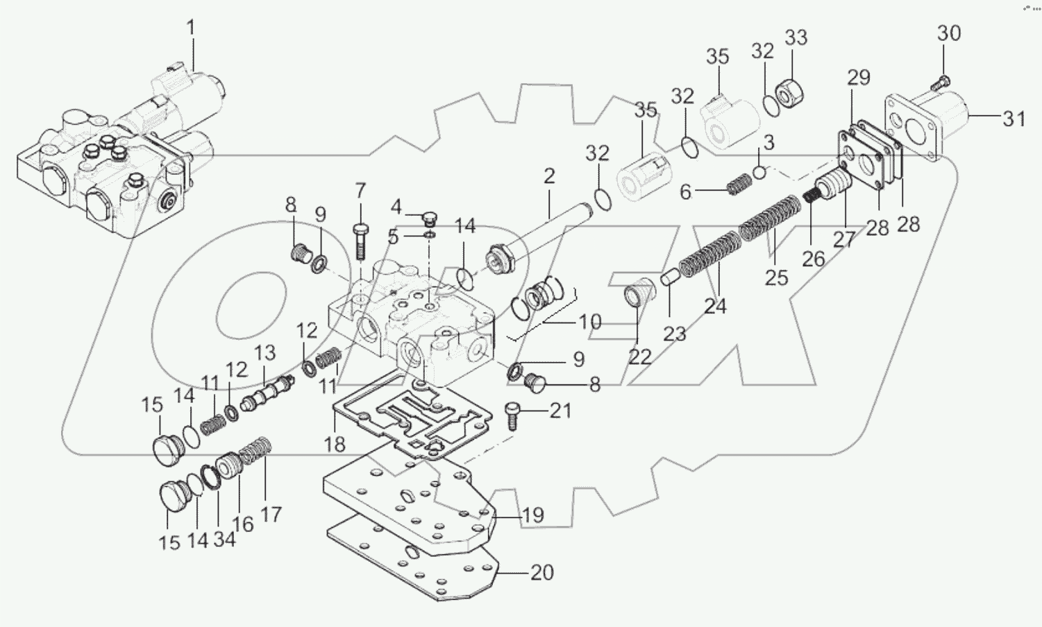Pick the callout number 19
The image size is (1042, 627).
pyautogui.click(x=532, y=515)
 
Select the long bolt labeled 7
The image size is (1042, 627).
pyautogui.click(x=360, y=239)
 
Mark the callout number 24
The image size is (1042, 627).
pyautogui.click(x=715, y=306)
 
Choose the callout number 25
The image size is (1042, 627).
pyautogui.click(x=776, y=277)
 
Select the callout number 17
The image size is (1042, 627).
pyautogui.click(x=271, y=514)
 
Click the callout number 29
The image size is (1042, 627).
pyautogui.click(x=859, y=78)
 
